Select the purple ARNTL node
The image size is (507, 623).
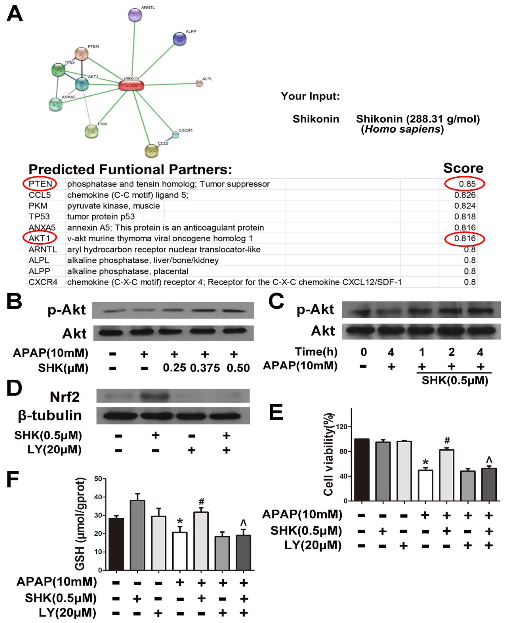pos(135,15)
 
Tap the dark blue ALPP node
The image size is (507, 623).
pos(180,39)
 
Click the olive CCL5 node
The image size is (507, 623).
pos(152,151)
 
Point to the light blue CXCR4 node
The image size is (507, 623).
pos(175,135)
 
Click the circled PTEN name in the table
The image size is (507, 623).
pos(40,184)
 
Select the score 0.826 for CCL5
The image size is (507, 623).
pos(465,195)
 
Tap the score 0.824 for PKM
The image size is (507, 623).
pos(465,206)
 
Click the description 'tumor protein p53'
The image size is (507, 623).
pos(101,217)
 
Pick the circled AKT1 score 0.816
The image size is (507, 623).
pos(465,239)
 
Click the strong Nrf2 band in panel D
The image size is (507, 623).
pos(155,396)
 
